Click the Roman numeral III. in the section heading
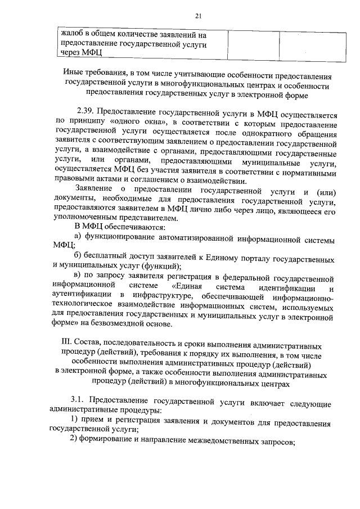65,344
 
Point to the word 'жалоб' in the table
71,35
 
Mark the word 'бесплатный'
109,257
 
